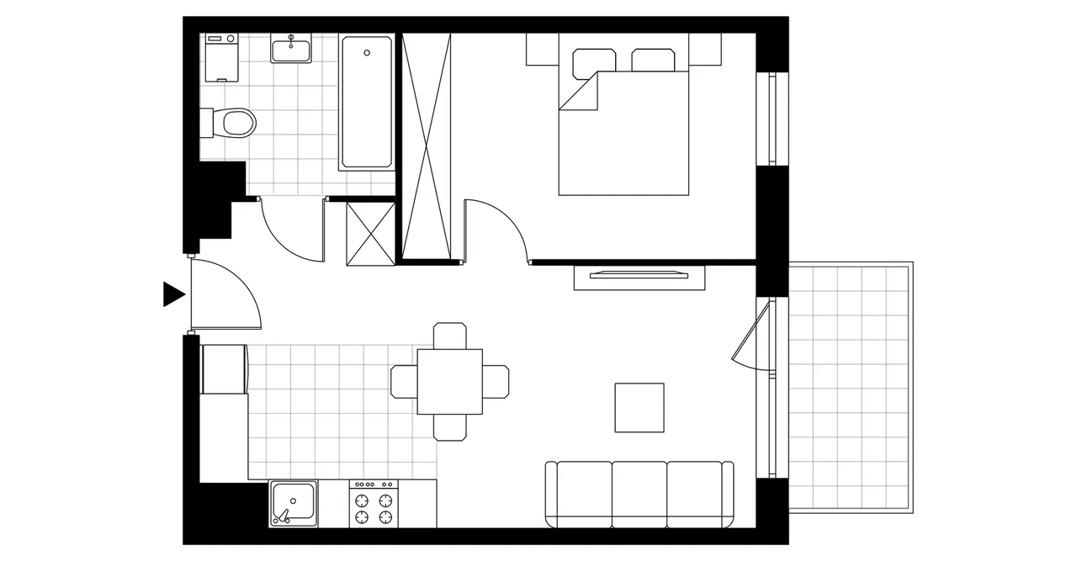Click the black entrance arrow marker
tap(172, 294)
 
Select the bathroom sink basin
tap(291, 49)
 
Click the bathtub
tap(366, 103)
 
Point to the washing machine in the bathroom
tap(222, 57)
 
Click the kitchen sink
tap(293, 503)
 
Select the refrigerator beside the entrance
tap(225, 368)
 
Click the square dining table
tap(450, 381)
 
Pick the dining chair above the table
tap(450, 335)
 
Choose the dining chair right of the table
tap(496, 381)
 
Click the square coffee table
tap(639, 408)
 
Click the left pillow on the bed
tap(594, 61)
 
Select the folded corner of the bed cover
tap(581, 93)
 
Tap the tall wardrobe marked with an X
tap(427, 145)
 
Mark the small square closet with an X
tap(370, 233)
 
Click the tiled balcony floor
tap(850, 387)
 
